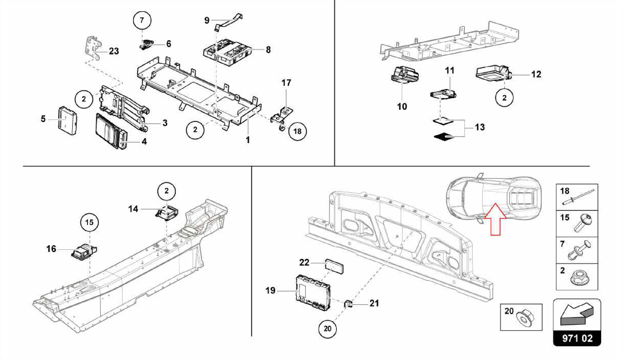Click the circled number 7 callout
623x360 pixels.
(x=142, y=20)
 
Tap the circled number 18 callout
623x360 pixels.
(x=297, y=131)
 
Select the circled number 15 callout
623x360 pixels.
(x=89, y=222)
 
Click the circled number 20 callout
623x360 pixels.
(x=327, y=329)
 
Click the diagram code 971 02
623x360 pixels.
(x=577, y=338)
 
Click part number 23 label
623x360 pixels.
(x=114, y=51)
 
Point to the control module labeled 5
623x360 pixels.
(x=67, y=120)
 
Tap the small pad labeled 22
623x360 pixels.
(x=334, y=266)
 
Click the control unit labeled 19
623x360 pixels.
(x=313, y=292)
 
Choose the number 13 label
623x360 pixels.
(x=480, y=127)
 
